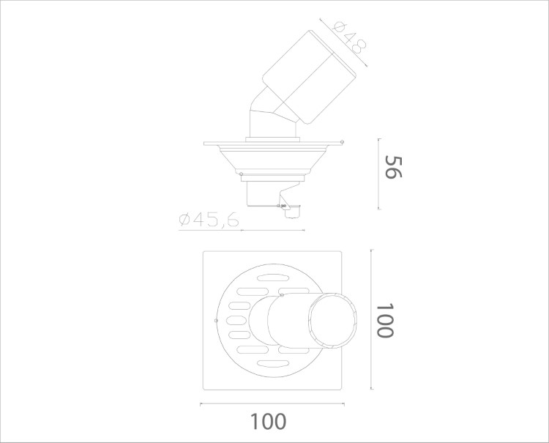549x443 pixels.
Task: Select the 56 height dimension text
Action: pyautogui.click(x=394, y=167)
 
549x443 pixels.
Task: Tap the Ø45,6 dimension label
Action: pyautogui.click(x=209, y=220)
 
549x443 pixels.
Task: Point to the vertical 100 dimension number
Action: pyautogui.click(x=385, y=321)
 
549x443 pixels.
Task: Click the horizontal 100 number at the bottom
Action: pyautogui.click(x=269, y=422)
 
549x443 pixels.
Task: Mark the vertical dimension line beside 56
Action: pyautogui.click(x=379, y=174)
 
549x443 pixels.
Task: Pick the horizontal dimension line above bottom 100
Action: pyautogui.click(x=272, y=403)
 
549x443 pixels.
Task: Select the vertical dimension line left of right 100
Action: pyautogui.click(x=371, y=319)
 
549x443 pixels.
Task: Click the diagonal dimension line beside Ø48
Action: pyautogui.click(x=343, y=42)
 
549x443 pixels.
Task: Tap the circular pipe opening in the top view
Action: pyautogui.click(x=333, y=321)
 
